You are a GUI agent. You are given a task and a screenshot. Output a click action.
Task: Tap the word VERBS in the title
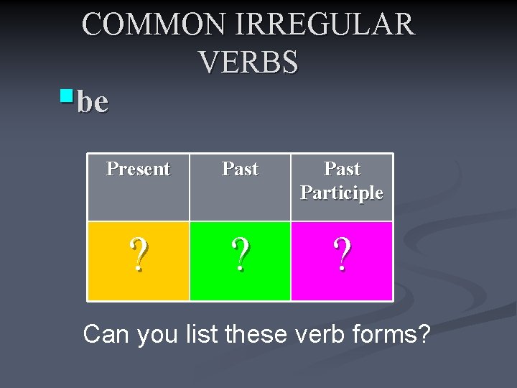(248, 63)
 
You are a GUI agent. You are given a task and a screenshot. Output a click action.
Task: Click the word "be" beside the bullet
(93, 102)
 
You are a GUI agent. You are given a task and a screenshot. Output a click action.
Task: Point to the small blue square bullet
(67, 95)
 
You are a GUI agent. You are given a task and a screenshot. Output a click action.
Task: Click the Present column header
(138, 169)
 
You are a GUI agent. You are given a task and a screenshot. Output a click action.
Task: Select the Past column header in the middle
(240, 169)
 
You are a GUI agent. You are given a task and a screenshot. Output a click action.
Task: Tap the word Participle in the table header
(342, 193)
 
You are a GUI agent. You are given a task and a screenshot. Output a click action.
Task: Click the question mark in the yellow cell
(139, 256)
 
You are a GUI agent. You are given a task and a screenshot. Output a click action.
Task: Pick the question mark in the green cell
(240, 256)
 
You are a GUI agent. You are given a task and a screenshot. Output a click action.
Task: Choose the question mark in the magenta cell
(342, 256)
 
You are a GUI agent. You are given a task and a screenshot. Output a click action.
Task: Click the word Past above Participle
(342, 169)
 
